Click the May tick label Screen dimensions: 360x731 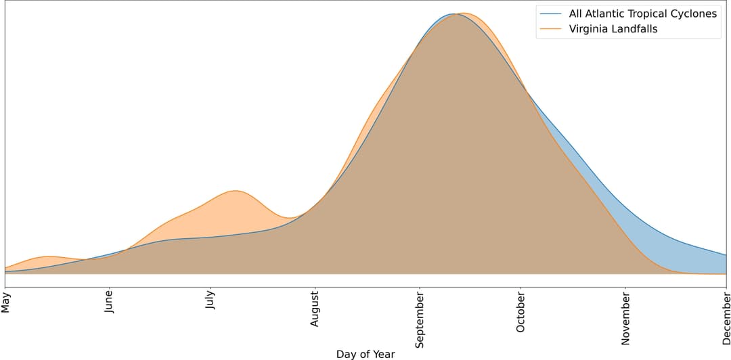[x=6, y=302]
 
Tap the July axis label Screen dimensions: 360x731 [x=211, y=302]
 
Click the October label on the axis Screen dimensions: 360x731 [x=520, y=313]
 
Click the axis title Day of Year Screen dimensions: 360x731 [x=365, y=354]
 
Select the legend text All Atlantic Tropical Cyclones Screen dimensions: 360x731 [x=643, y=14]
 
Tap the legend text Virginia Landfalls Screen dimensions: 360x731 [x=613, y=29]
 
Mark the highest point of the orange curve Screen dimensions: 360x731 [x=464, y=13]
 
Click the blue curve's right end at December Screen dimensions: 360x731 [x=726, y=255]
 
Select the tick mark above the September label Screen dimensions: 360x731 [x=420, y=290]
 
